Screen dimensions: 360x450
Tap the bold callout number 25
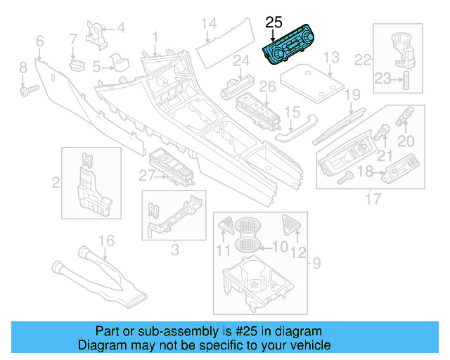point(274,22)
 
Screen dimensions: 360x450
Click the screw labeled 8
point(29,90)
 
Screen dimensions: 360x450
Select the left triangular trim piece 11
point(226,226)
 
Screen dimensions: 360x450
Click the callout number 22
point(363,59)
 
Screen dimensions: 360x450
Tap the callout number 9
point(317,264)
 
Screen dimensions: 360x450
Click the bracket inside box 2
point(89,184)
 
